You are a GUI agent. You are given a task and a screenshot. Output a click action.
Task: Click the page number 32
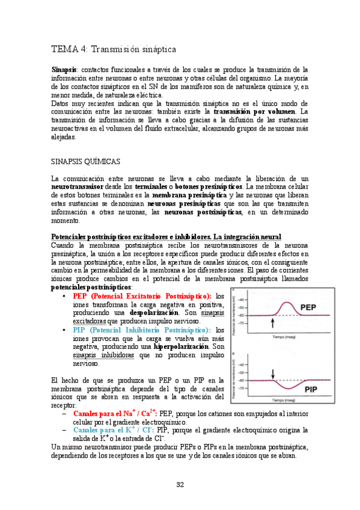coord(180,485)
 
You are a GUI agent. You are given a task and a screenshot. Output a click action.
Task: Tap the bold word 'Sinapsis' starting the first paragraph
coord(64,70)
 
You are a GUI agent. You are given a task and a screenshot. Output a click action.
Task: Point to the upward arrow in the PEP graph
coord(256,323)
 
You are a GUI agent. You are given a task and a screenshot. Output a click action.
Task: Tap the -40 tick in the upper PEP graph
coord(242,299)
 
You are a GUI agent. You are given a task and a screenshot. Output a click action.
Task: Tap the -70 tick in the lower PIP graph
coord(242,389)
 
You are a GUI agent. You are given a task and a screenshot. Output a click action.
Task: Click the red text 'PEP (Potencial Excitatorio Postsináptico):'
coord(142,296)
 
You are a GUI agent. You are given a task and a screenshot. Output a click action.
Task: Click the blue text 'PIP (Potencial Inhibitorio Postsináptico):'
coord(142,330)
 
